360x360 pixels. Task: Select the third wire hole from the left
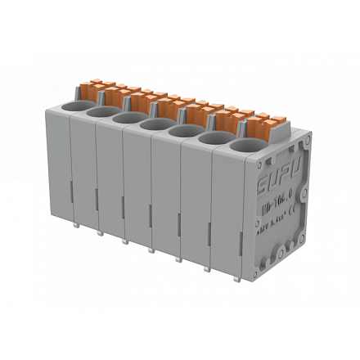[x=128, y=118]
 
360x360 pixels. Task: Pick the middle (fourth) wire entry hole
[x=154, y=124]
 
